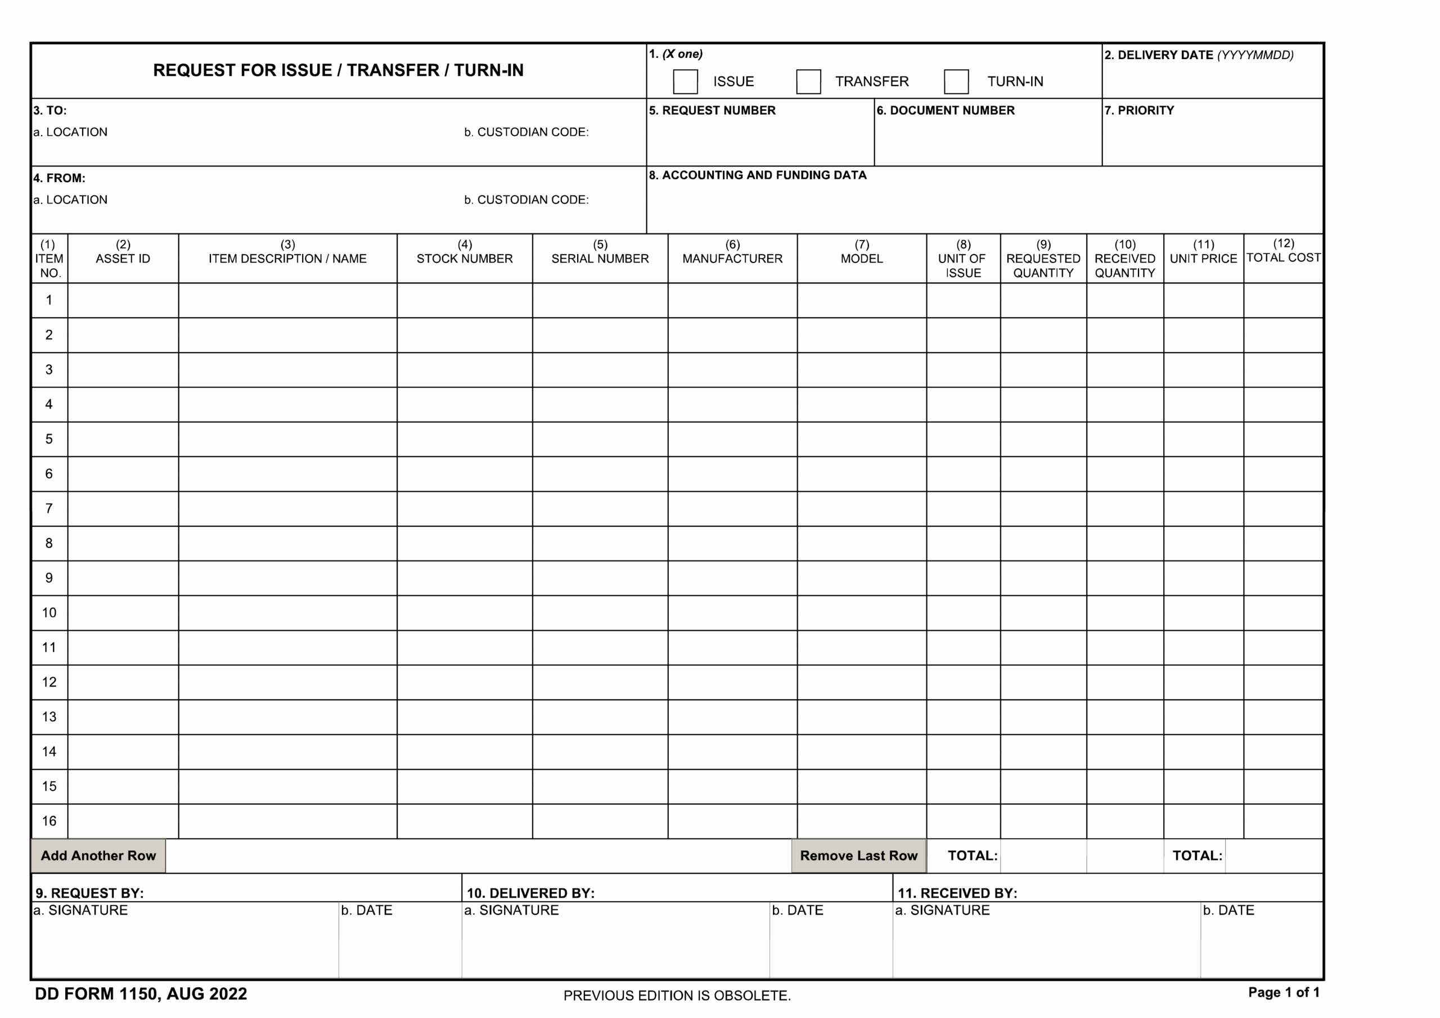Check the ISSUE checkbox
pyautogui.click(x=685, y=82)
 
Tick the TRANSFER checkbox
pyautogui.click(x=808, y=82)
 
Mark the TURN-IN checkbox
pyautogui.click(x=956, y=82)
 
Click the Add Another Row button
pyautogui.click(x=98, y=856)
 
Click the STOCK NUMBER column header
pyautogui.click(x=464, y=258)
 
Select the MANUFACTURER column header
pyautogui.click(x=732, y=258)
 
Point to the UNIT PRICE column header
pyautogui.click(x=1203, y=258)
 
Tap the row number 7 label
pyautogui.click(x=49, y=508)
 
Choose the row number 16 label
pyautogui.click(x=49, y=821)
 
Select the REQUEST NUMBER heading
pyautogui.click(x=712, y=110)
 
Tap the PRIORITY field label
pyautogui.click(x=1139, y=110)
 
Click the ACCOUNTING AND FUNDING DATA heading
pyautogui.click(x=758, y=175)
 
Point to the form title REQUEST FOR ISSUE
pyautogui.click(x=338, y=70)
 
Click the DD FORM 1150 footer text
pyautogui.click(x=141, y=994)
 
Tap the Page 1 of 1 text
pyautogui.click(x=1283, y=992)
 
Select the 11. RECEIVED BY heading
pyautogui.click(x=957, y=893)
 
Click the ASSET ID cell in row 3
pyautogui.click(x=123, y=370)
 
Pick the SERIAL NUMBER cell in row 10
pyautogui.click(x=600, y=613)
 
